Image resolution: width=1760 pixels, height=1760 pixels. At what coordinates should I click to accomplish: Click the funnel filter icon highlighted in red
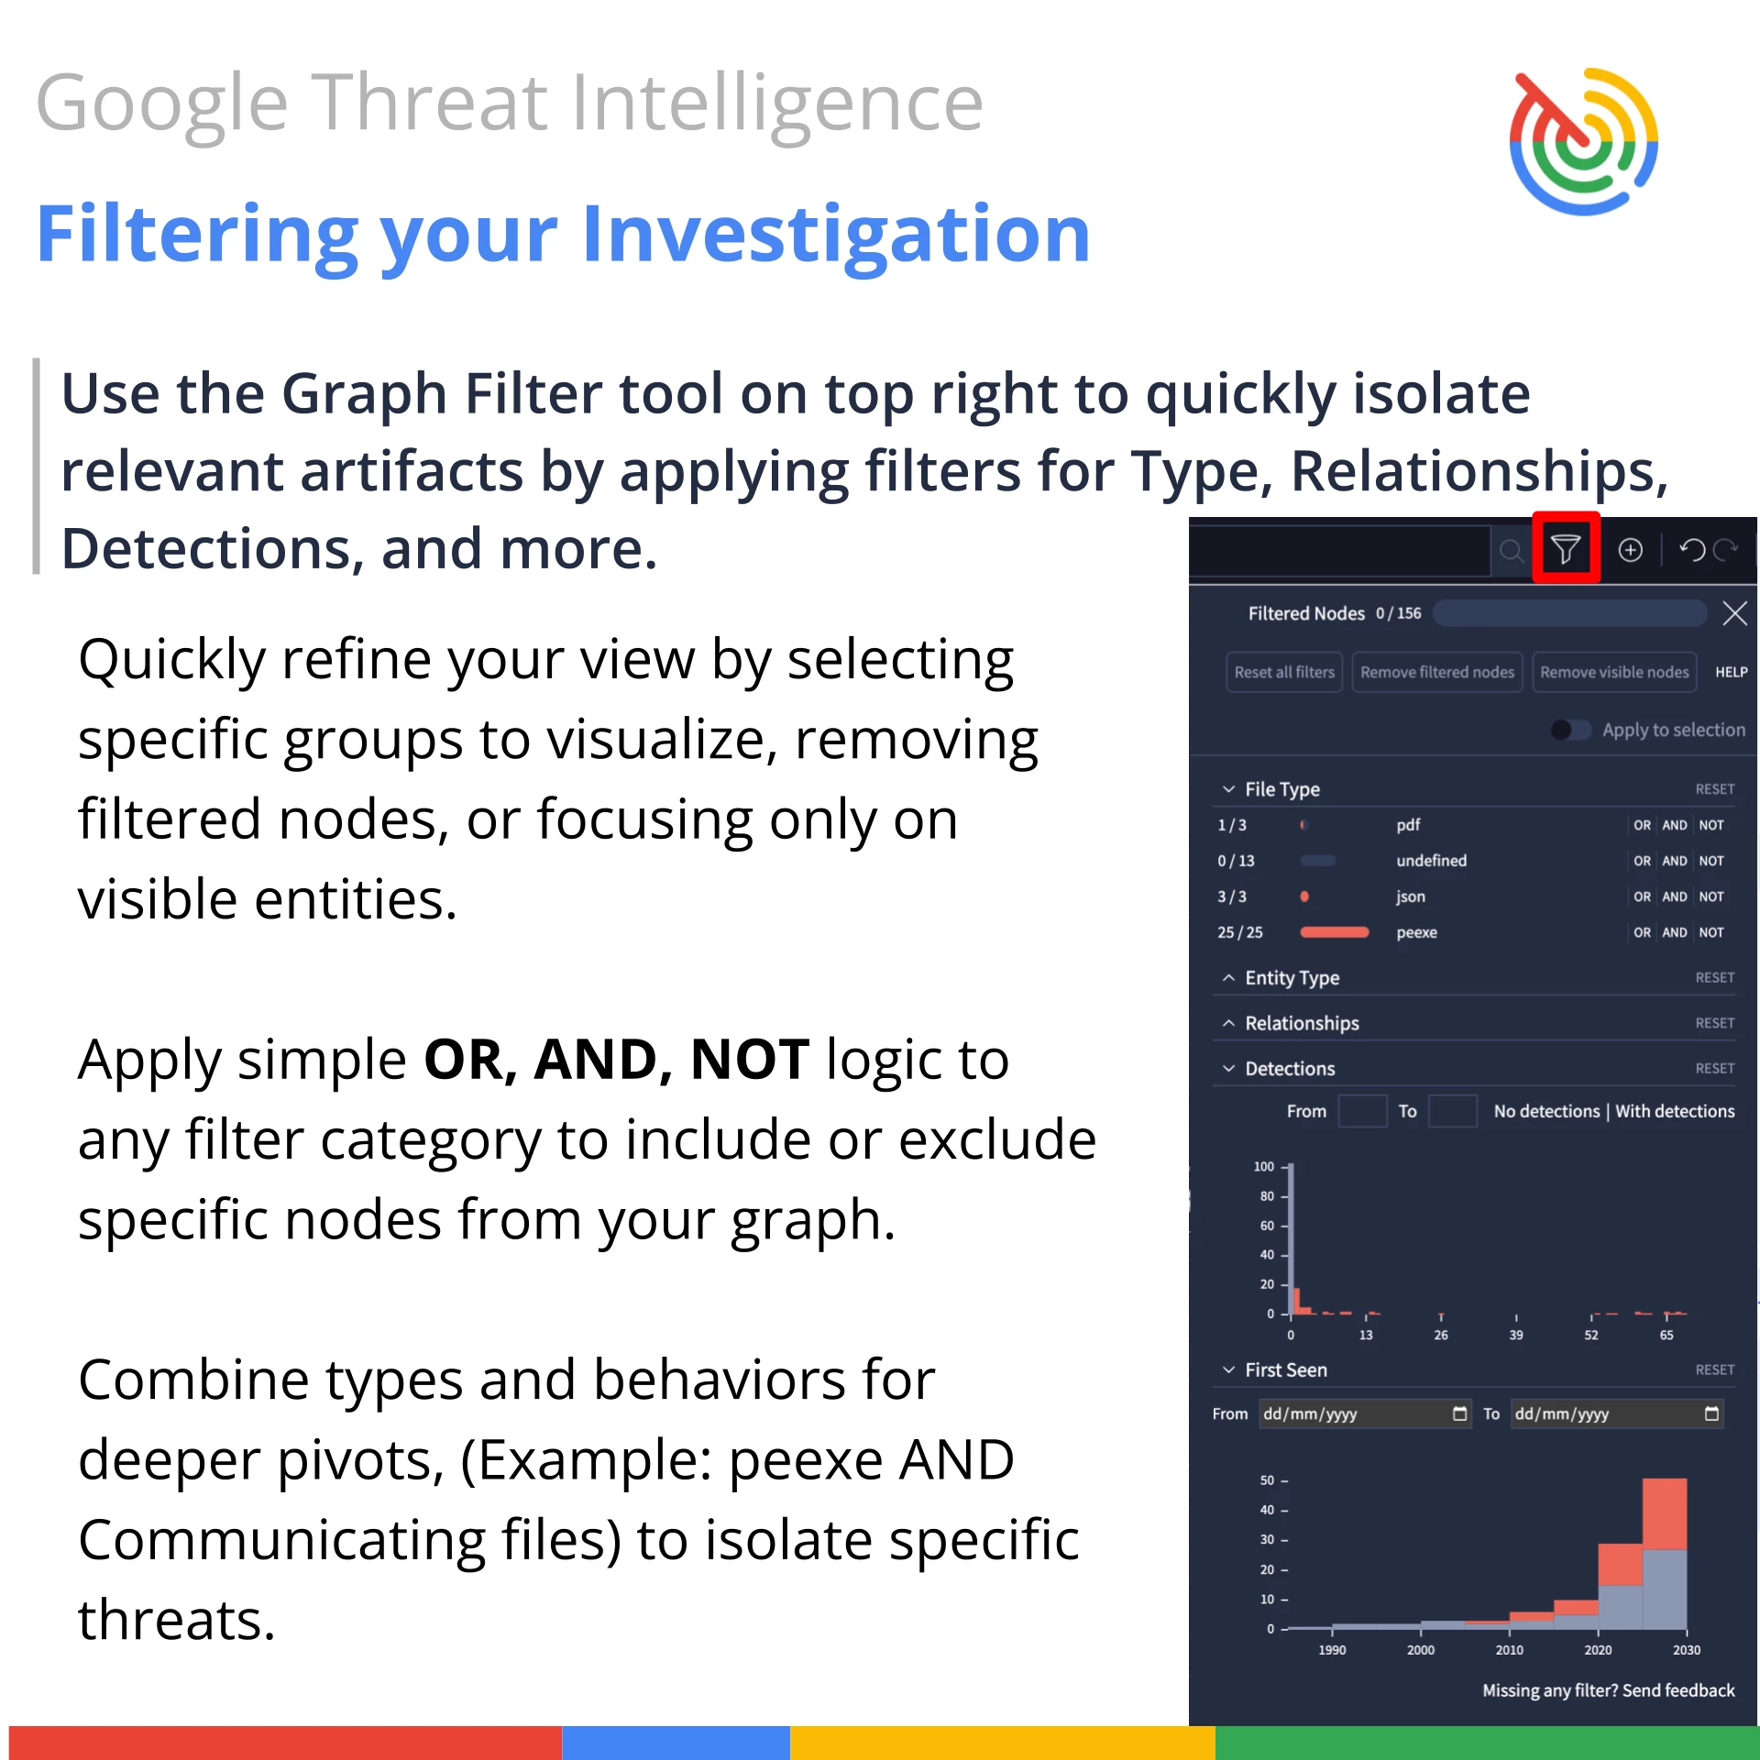click(x=1566, y=549)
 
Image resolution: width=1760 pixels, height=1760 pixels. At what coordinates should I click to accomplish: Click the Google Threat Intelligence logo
click(x=1583, y=141)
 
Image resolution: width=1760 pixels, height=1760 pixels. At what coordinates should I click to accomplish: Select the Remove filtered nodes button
click(x=1436, y=672)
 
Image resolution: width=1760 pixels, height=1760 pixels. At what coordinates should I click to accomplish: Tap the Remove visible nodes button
click(x=1613, y=672)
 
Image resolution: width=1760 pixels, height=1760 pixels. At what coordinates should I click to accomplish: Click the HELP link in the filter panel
click(x=1731, y=672)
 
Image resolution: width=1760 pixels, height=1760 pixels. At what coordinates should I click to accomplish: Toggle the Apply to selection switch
click(x=1570, y=730)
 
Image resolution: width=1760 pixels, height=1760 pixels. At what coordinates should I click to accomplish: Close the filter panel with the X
click(x=1734, y=613)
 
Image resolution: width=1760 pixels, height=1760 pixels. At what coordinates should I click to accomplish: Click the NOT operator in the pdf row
click(x=1710, y=825)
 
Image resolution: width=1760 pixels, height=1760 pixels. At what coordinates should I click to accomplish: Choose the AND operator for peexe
click(x=1674, y=932)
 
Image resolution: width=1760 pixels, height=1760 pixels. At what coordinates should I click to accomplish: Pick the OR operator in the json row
click(x=1642, y=896)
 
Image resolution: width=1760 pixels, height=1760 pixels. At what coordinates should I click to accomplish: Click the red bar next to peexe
click(x=1334, y=932)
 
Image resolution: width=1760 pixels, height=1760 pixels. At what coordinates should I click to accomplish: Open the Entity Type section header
click(x=1292, y=978)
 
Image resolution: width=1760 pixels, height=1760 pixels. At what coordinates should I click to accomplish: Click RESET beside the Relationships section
click(x=1714, y=1023)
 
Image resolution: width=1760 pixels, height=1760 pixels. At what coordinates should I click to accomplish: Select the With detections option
click(x=1675, y=1111)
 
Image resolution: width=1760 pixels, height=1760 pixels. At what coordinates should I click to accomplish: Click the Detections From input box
click(x=1362, y=1111)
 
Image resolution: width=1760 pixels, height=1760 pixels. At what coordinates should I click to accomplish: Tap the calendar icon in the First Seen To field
click(x=1710, y=1413)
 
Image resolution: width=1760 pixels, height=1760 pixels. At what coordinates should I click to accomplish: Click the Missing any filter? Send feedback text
click(x=1608, y=1690)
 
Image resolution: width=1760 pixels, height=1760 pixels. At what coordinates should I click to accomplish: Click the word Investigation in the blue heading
click(x=835, y=236)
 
